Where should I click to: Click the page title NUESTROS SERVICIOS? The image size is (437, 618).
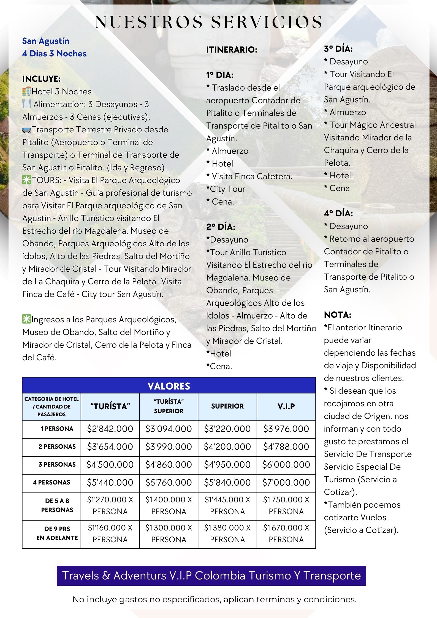209,22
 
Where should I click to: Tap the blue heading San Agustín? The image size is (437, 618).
46,41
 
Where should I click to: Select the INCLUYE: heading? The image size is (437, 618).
42,79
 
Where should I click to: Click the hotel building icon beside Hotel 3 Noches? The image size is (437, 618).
27,91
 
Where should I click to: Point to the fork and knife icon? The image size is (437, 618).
27,104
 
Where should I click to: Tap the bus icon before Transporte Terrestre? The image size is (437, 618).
27,130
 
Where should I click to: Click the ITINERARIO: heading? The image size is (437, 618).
232,50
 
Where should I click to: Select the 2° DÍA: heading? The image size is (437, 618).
221,227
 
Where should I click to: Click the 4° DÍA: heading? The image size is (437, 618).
338,213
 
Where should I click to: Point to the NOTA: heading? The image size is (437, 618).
337,315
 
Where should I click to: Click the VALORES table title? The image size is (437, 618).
169,386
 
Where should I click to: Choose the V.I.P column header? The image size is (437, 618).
286,407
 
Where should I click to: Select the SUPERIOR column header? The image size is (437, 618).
227,406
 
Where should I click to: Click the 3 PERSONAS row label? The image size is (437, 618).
57,464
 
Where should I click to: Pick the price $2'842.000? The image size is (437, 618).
110,429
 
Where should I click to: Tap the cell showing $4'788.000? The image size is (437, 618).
286,447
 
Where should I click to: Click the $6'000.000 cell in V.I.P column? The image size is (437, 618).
286,465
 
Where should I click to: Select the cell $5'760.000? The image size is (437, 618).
169,482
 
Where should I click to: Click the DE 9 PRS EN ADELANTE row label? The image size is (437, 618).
57,533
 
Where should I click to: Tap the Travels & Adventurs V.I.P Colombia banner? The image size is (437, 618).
211,575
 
